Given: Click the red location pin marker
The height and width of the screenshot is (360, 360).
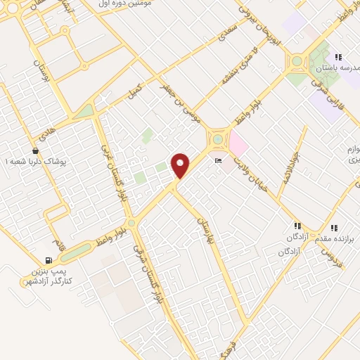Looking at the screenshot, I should [x=181, y=165].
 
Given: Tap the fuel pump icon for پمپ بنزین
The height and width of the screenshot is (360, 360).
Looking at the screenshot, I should [x=49, y=260].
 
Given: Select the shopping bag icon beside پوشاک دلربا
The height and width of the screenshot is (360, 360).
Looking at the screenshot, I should [x=35, y=150].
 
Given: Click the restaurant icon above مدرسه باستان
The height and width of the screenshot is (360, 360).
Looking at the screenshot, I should [x=338, y=57].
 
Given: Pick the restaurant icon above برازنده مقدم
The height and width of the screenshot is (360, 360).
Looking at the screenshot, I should [x=334, y=227].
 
